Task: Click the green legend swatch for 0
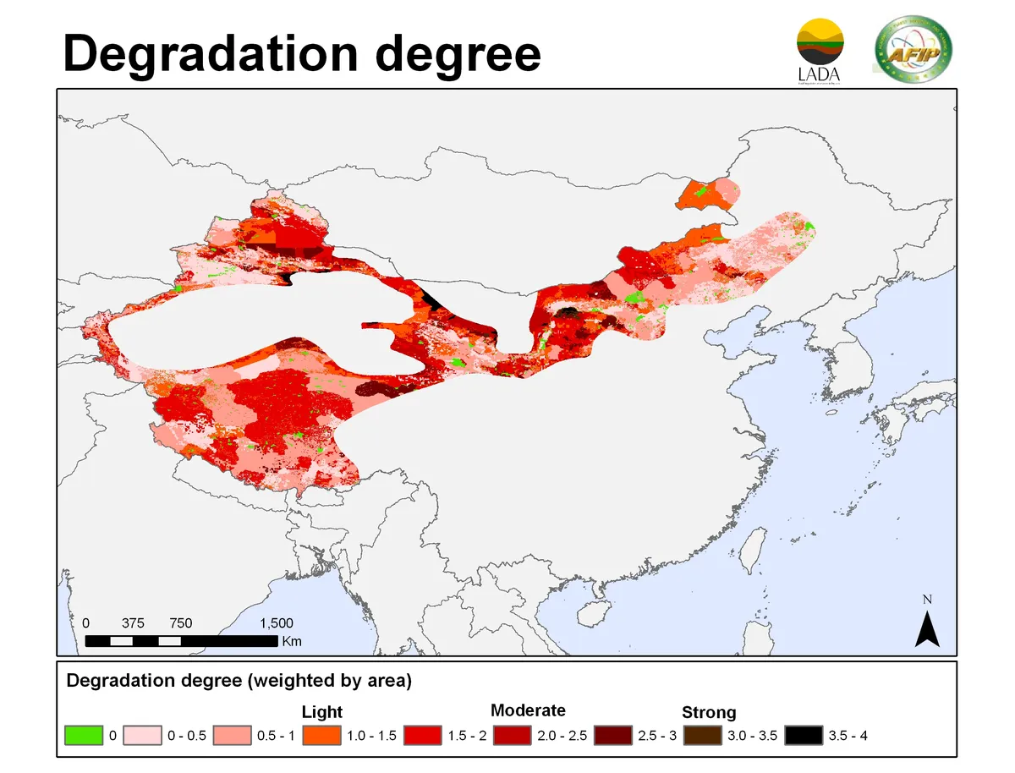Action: click(x=84, y=735)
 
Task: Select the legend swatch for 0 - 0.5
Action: click(x=143, y=735)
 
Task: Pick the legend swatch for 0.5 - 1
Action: click(x=233, y=735)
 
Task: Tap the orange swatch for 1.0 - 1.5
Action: click(x=322, y=735)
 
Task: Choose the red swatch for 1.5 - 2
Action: click(x=423, y=735)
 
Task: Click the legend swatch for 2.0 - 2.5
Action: click(x=513, y=735)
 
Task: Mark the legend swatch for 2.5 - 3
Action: click(x=612, y=735)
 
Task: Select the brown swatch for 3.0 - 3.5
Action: click(x=702, y=735)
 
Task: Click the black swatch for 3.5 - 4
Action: click(x=803, y=735)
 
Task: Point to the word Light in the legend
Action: click(x=322, y=712)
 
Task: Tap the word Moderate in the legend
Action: click(x=528, y=710)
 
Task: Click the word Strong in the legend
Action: click(x=709, y=712)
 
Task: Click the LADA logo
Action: click(x=820, y=52)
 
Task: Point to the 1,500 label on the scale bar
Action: click(x=276, y=623)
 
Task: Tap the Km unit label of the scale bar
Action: click(x=292, y=641)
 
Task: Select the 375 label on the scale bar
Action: click(x=133, y=623)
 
